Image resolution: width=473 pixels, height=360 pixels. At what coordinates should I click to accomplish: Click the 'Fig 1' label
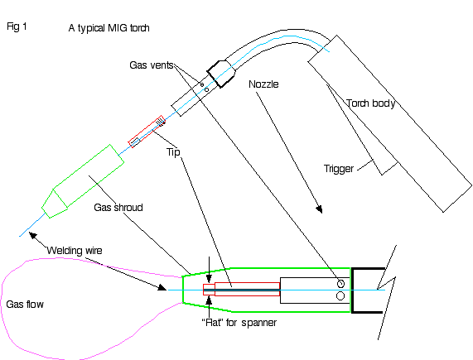pos(17,26)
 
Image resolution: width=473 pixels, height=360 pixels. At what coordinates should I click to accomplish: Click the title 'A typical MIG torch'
pos(109,28)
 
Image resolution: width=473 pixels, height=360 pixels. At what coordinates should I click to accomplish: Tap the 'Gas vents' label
pos(152,65)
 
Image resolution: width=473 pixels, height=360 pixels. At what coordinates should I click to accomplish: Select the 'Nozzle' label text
pos(263,84)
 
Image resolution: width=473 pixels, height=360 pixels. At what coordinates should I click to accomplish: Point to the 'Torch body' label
pos(371,103)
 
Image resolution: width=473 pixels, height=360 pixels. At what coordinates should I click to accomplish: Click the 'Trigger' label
pos(339,169)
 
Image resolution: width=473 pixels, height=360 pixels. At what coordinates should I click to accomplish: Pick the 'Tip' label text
pos(173,151)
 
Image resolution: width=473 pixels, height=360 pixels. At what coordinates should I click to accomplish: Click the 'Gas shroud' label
pos(118,208)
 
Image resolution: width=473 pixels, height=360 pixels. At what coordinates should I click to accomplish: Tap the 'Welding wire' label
pos(75,251)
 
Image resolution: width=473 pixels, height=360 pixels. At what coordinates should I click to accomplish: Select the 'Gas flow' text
pos(25,305)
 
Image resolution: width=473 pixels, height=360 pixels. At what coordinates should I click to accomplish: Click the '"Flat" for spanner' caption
pos(239,323)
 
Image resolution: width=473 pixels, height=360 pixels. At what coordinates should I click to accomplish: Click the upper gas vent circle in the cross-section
pos(340,284)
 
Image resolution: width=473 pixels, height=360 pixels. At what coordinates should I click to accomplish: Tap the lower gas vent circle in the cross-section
pos(340,296)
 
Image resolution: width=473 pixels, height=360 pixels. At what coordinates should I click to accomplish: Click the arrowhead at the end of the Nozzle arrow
pos(319,209)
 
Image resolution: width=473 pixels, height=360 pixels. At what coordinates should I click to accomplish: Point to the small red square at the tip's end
pos(209,290)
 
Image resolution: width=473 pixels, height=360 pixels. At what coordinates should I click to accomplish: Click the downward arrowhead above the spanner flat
pos(209,278)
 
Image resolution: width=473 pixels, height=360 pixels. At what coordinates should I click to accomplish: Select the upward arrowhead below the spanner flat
pos(209,300)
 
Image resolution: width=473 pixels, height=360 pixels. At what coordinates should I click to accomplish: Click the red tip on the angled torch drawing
pos(147,132)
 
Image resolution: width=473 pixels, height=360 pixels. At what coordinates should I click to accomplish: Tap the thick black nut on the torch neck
pos(221,74)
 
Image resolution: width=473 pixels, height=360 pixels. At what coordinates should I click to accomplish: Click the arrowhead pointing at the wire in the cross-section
pos(162,288)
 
